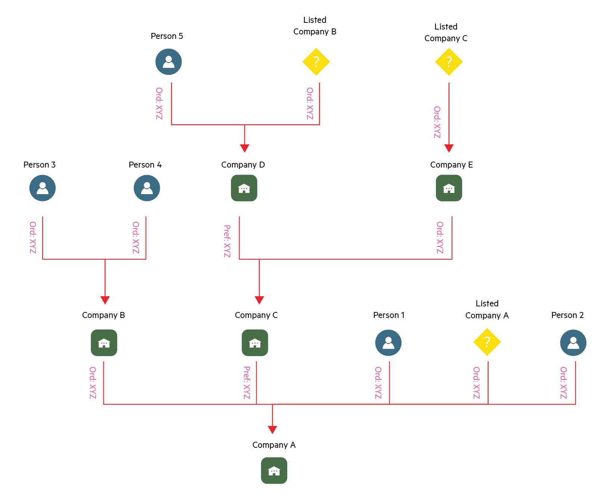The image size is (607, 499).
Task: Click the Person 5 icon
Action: (x=168, y=62)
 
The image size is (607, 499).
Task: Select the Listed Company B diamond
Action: (x=316, y=62)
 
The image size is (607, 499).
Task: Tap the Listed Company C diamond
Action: (x=449, y=62)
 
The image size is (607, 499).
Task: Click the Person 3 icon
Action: (x=43, y=188)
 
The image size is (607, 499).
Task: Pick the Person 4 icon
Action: (x=147, y=188)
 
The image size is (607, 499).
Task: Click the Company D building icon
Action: (x=244, y=188)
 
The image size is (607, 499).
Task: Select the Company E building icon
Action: (x=449, y=188)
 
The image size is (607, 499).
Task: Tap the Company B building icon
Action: (x=104, y=343)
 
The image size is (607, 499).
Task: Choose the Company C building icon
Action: (x=255, y=343)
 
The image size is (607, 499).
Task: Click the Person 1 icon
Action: (x=388, y=343)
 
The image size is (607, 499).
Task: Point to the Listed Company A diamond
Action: (x=487, y=342)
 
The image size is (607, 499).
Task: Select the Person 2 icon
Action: (x=573, y=343)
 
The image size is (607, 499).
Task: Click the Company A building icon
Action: (x=274, y=471)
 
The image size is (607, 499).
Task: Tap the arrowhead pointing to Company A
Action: (x=272, y=430)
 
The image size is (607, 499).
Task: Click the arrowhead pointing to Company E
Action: (x=449, y=149)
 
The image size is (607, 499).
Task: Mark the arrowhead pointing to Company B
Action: (x=105, y=300)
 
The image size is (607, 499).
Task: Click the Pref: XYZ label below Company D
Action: (x=227, y=241)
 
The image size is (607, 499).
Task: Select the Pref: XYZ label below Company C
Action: (x=247, y=383)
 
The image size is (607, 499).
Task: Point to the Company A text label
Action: (x=274, y=445)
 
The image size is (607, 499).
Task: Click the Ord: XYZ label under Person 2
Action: (x=563, y=383)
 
